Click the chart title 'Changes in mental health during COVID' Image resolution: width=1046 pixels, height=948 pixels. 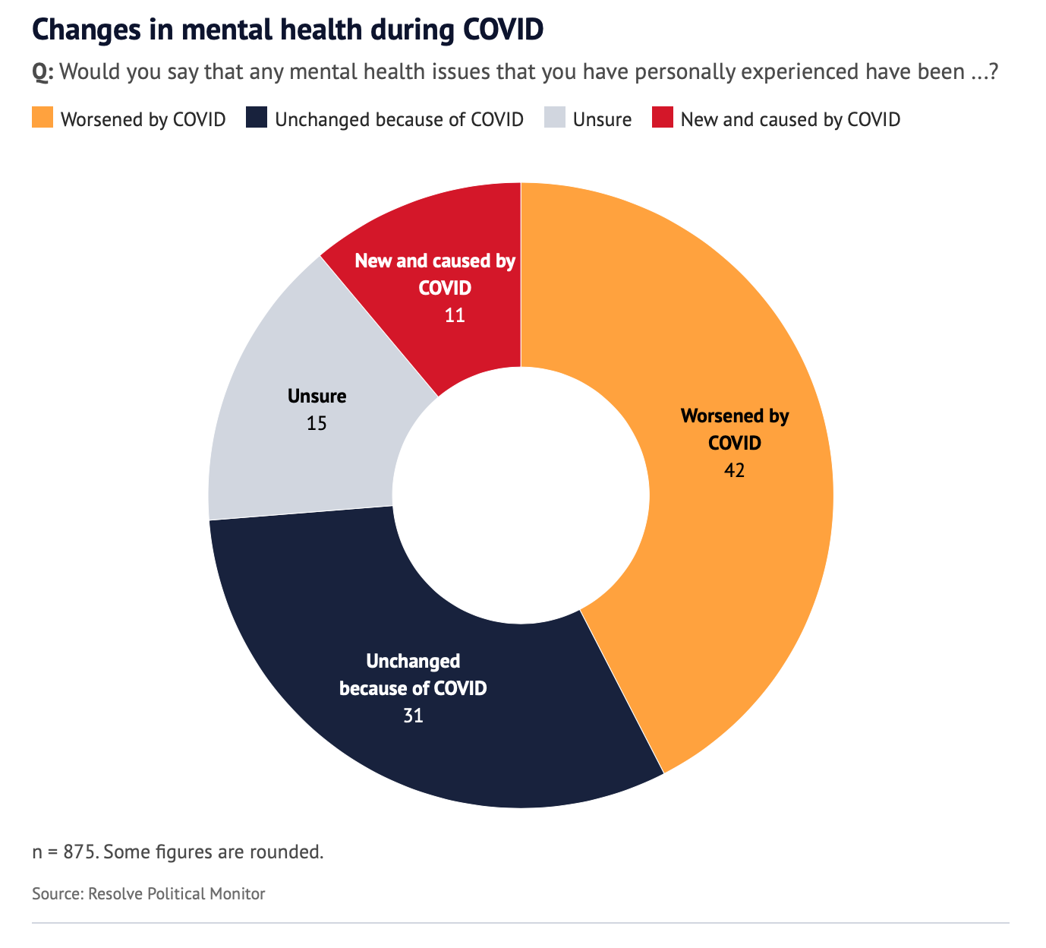(x=288, y=30)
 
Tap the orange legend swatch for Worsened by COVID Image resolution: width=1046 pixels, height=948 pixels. (x=43, y=118)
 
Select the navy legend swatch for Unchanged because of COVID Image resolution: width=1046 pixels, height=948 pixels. (x=257, y=118)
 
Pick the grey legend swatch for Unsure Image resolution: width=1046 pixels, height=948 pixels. (x=556, y=118)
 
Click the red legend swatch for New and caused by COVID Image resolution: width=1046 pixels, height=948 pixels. (x=663, y=118)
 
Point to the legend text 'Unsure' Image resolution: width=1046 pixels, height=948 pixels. (x=603, y=119)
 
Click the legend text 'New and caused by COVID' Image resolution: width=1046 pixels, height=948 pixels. (x=790, y=119)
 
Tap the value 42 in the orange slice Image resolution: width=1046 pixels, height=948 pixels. (x=734, y=470)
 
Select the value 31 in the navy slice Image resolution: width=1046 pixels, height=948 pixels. (x=413, y=716)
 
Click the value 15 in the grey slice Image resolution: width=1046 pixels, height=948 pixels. (x=317, y=423)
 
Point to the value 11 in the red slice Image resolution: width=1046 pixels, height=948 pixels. (x=455, y=315)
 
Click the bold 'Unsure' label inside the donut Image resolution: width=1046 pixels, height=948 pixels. (x=317, y=396)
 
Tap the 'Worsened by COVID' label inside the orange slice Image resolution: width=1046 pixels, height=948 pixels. (x=735, y=429)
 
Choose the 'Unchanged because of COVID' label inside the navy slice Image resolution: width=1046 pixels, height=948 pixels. (x=413, y=675)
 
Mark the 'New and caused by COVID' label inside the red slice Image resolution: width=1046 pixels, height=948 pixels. (x=436, y=274)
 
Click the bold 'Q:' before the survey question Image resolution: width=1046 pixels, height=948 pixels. (x=43, y=73)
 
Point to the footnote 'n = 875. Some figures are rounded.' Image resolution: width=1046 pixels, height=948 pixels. (x=178, y=852)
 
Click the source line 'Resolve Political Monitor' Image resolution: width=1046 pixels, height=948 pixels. (x=177, y=893)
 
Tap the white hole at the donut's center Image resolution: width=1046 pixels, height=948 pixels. (x=521, y=495)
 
